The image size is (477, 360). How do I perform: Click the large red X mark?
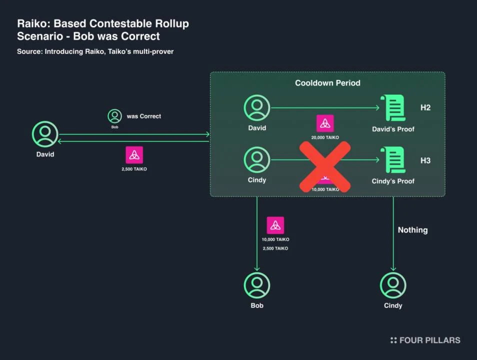324,166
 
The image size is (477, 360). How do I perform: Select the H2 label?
425,107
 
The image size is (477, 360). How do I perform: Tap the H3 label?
425,160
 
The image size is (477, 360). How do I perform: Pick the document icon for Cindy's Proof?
393,160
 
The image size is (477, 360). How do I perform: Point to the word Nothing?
412,230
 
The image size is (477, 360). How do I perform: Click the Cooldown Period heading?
327,83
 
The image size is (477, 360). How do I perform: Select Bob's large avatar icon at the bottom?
257,285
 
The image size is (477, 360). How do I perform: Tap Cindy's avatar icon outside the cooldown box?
393,285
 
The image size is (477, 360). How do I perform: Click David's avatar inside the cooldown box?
257,107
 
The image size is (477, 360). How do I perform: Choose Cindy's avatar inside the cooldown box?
257,160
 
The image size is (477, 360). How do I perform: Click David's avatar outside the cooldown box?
45,134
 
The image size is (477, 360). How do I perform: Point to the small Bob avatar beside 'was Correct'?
114,116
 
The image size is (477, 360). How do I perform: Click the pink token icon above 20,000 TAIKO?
325,123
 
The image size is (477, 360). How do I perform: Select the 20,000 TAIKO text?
325,137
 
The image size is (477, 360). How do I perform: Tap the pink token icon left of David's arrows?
134,155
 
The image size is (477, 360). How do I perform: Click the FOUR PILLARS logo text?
429,340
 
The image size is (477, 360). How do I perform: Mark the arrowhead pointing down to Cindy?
393,268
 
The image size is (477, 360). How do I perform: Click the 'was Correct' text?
144,116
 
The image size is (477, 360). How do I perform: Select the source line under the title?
95,51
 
